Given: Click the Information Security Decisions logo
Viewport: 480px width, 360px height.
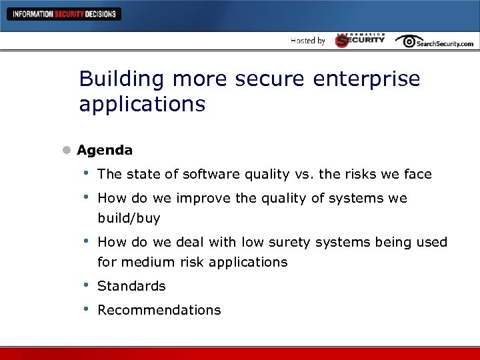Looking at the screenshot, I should pos(63,14).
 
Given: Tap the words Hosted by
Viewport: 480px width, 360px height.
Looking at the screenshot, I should pos(308,41).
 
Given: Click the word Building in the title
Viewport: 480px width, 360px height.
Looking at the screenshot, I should pos(122,79).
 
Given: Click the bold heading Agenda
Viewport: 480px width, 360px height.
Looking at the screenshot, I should pos(105,150).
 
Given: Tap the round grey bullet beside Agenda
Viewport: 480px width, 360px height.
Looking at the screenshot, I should pos(67,151).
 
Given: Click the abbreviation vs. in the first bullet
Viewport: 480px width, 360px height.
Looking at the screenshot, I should pos(305,174).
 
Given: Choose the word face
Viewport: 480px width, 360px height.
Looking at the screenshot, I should pos(417,174).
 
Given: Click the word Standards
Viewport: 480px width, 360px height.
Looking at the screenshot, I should pos(131,286).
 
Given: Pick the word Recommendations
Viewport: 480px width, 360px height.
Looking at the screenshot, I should pos(159,310).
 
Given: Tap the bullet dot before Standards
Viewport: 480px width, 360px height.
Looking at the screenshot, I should pos(85,285).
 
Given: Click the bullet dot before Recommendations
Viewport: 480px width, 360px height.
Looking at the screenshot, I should pos(85,309).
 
